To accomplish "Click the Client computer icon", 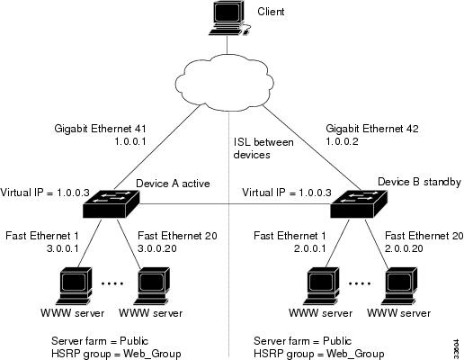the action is [x=229, y=19].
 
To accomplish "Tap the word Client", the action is [x=271, y=12].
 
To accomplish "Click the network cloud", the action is [x=224, y=83].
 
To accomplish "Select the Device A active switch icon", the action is [x=112, y=203].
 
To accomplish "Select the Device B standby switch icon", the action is [x=359, y=203].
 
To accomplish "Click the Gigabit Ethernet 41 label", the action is [x=100, y=129].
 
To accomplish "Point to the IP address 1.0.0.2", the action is [x=342, y=141].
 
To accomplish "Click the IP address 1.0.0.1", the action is [x=130, y=141].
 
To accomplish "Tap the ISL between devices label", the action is [x=263, y=148].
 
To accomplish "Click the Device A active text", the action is [x=173, y=184].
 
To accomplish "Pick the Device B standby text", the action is [x=419, y=182].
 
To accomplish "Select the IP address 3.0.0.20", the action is [x=157, y=248].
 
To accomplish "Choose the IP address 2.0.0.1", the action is [x=309, y=248].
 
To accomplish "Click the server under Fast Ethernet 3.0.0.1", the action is [x=74, y=286].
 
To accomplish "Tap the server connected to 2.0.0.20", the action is [x=399, y=286].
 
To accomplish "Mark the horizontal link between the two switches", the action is [x=235, y=204].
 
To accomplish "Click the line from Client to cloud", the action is [x=227, y=45].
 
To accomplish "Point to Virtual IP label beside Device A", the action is [x=45, y=193].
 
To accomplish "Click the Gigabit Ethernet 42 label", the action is [x=372, y=129].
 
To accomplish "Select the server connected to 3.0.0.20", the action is [x=152, y=286].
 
